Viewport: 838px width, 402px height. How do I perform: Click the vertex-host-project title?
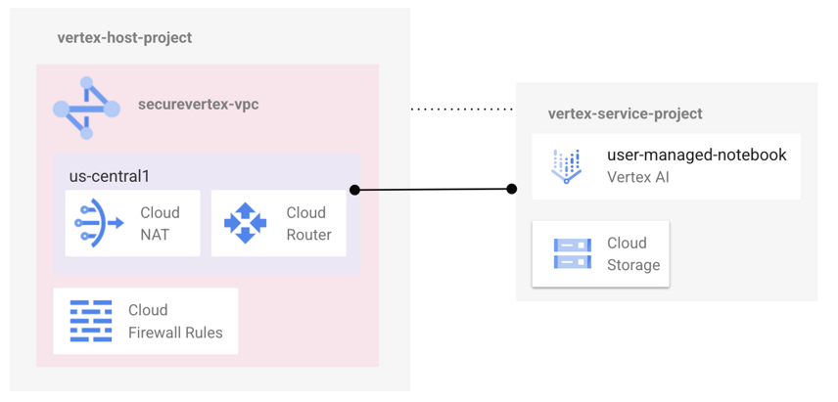click(124, 38)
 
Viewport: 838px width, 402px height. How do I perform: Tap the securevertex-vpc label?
click(199, 104)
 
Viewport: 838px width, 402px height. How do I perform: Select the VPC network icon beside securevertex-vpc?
click(86, 108)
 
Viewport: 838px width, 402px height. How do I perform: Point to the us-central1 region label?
click(109, 176)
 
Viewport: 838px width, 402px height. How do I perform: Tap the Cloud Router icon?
click(245, 223)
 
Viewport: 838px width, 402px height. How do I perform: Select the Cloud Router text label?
click(308, 223)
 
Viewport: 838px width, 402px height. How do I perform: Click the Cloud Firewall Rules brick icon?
click(91, 321)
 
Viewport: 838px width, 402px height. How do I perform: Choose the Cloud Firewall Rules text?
click(175, 321)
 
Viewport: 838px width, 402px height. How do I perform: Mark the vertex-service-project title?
click(625, 113)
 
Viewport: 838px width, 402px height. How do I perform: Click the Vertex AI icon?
click(567, 166)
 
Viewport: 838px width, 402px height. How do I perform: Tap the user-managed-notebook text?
click(696, 155)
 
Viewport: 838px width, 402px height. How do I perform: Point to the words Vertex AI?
click(637, 177)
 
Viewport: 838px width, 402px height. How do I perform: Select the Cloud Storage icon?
click(572, 253)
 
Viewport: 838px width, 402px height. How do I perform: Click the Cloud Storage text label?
click(633, 253)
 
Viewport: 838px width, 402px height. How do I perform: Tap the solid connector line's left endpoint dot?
click(354, 190)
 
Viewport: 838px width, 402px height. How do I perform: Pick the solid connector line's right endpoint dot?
click(512, 189)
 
